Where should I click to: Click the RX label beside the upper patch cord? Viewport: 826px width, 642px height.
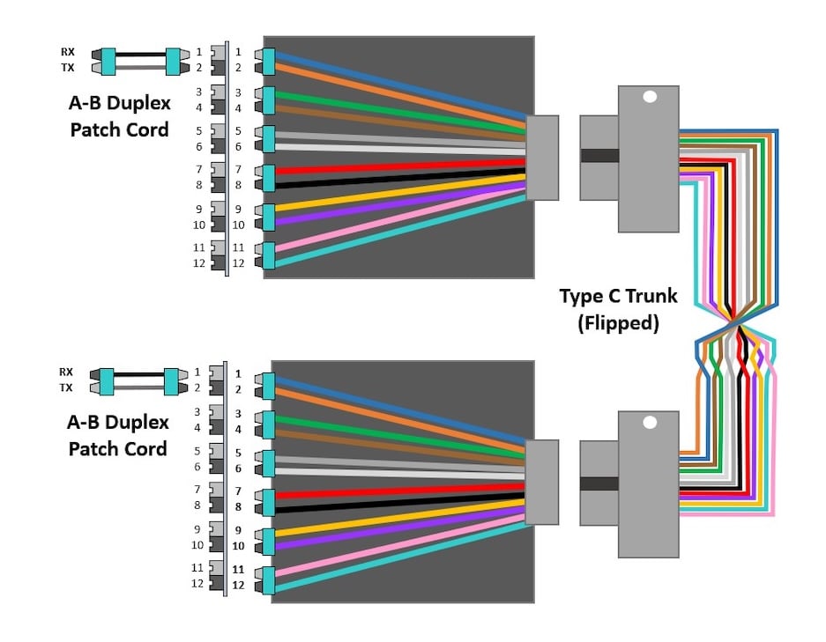coord(67,52)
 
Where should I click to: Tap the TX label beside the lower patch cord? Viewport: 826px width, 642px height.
coord(67,387)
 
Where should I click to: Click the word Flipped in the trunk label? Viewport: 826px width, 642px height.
coord(618,322)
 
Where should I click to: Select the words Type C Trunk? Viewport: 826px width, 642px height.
coord(618,295)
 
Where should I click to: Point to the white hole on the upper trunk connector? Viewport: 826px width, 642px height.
coord(649,98)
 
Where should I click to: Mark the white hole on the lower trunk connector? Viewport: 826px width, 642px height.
coord(649,423)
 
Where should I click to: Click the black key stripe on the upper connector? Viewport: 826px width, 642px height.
coord(599,156)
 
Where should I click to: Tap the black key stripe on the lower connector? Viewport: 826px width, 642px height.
coord(599,483)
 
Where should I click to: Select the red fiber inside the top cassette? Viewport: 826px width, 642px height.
coord(397,166)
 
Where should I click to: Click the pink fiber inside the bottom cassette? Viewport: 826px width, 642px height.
coord(397,546)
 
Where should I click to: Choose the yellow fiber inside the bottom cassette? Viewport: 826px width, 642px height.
coord(397,519)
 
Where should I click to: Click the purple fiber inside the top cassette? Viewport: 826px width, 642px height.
coord(397,203)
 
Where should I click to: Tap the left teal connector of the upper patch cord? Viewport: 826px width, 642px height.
coord(108,60)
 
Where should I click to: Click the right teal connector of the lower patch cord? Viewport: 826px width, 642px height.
coord(172,380)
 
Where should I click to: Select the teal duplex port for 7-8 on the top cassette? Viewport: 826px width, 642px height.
coord(268,177)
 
